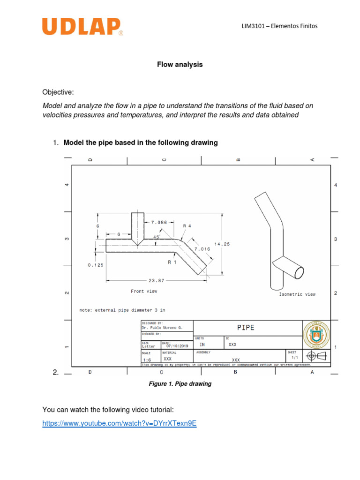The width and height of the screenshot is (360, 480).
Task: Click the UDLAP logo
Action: [82, 27]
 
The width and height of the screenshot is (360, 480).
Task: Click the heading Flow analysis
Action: [180, 65]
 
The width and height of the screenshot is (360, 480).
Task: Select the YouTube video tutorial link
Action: [119, 423]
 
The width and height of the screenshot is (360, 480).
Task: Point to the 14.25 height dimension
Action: [222, 244]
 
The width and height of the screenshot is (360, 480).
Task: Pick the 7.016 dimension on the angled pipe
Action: [202, 249]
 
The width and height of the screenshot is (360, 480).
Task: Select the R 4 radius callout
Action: [187, 225]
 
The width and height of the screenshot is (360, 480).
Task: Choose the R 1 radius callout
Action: [172, 262]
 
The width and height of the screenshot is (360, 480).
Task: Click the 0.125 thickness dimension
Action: [96, 265]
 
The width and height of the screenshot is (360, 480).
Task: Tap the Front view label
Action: [144, 291]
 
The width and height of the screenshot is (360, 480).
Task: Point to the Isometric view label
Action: [297, 294]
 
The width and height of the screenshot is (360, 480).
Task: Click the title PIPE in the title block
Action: [246, 328]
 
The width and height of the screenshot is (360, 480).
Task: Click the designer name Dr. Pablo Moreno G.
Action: [161, 328]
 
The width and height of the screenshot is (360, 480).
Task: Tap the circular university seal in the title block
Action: [316, 335]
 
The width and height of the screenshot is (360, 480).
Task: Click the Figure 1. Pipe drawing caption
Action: [180, 384]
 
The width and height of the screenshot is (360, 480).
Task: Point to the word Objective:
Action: [58, 91]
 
